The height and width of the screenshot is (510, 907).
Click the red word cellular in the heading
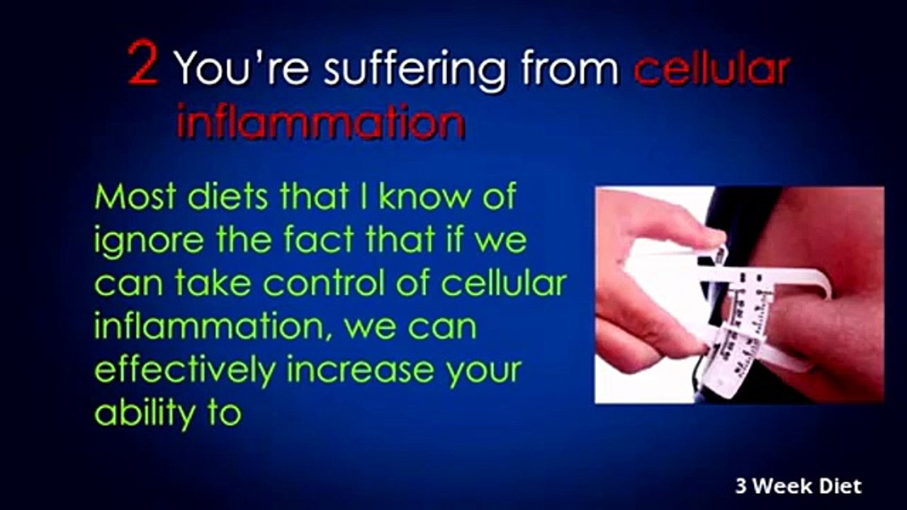711,69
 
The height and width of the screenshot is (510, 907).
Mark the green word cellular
504,283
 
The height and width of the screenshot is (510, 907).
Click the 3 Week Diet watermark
799,487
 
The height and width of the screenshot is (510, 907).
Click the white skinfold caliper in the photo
751,312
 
